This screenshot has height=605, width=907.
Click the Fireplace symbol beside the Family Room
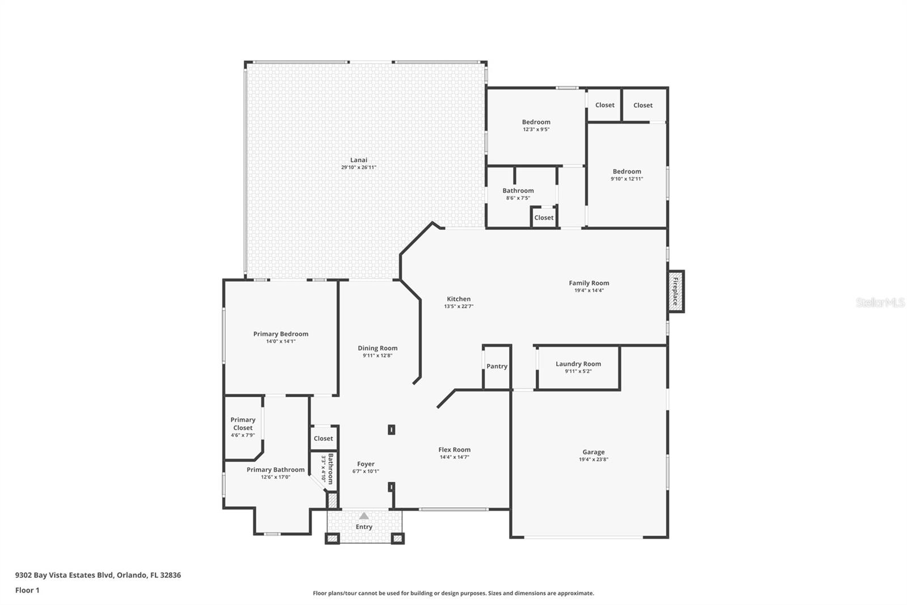(676, 291)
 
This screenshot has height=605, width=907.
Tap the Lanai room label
(358, 160)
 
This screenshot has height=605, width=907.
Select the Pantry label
(497, 366)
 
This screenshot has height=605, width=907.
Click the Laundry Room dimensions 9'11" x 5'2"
(578, 371)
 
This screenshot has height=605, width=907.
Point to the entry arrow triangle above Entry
(364, 516)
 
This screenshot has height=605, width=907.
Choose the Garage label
(593, 452)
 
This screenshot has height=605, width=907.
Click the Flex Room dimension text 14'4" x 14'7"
(454, 457)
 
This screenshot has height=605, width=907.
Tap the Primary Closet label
(243, 424)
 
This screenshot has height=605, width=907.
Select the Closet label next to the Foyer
(323, 438)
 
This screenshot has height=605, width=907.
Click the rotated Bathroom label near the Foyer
(330, 468)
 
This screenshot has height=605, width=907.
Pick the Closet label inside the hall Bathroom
(544, 217)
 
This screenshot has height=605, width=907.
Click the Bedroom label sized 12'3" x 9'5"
(536, 122)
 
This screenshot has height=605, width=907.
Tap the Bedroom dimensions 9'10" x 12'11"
(626, 179)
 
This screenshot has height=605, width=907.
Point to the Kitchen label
(459, 299)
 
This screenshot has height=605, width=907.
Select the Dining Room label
(377, 348)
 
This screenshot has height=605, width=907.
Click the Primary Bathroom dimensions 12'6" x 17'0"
(276, 477)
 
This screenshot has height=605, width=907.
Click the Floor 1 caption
(27, 590)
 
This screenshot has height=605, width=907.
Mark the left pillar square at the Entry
(332, 538)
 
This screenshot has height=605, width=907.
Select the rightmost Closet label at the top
(643, 105)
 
